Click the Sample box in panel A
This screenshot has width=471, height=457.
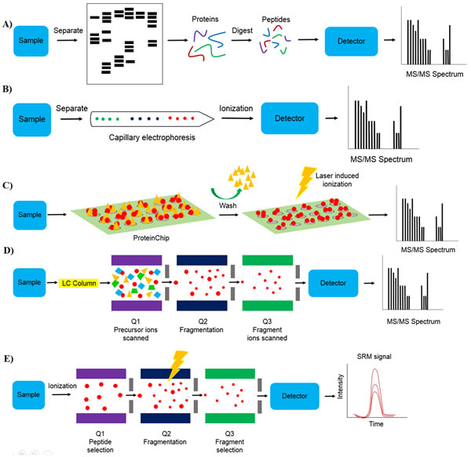31,41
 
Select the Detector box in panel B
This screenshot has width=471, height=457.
290,118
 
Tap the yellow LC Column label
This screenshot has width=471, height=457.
78,283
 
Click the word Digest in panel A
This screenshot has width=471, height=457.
242,31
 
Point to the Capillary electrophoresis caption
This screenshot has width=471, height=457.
152,137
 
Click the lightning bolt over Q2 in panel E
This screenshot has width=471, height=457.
177,366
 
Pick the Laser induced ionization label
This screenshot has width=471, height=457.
337,180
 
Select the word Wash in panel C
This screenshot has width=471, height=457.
228,205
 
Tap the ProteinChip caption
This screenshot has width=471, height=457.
152,238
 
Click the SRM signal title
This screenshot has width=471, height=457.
374,357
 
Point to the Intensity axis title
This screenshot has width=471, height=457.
341,386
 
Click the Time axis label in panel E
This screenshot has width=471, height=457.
376,424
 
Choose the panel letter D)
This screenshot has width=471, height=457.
9,251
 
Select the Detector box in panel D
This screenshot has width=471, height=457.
333,283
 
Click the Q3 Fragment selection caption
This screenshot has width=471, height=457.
229,441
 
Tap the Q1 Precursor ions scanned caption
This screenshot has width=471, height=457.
136,330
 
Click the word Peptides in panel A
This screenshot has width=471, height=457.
276,20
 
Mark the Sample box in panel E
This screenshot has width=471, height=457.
28,394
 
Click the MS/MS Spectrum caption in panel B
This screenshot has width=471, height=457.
382,159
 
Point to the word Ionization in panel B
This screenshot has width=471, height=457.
236,108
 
